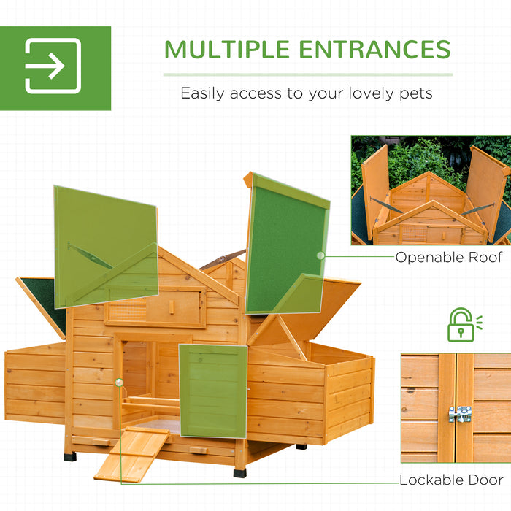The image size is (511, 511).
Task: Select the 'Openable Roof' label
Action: [x=449, y=257]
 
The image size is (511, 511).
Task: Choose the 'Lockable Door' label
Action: [x=451, y=480]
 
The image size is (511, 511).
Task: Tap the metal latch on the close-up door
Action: [x=459, y=414]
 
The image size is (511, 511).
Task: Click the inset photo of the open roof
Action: [x=431, y=190]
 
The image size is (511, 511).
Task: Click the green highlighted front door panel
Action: [x=212, y=391]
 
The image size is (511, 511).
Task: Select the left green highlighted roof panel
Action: [x=105, y=245]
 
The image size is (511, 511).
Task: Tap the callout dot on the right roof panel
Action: [x=319, y=255]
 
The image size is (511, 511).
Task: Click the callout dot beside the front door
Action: [x=118, y=382]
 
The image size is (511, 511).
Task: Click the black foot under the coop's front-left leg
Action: [x=70, y=456]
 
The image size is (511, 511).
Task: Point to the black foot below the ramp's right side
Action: [x=239, y=472]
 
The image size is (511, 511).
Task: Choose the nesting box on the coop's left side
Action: [x=35, y=387]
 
